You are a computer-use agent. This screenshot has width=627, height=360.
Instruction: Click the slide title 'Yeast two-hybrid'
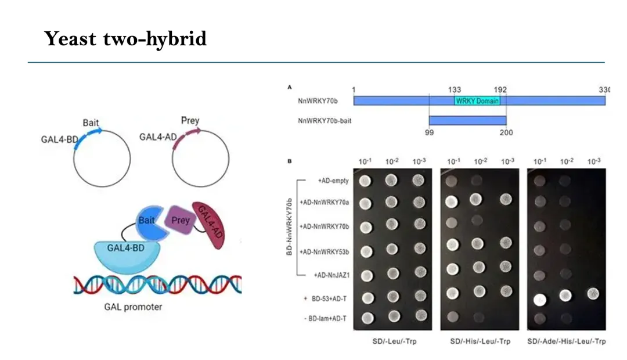[125, 39]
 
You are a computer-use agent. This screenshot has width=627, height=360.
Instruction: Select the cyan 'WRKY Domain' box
[477, 100]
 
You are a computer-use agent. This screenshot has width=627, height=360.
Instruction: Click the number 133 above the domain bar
[455, 89]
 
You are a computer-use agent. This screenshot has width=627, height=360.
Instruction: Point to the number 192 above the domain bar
[500, 89]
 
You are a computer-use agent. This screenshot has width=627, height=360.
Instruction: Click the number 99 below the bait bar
[429, 132]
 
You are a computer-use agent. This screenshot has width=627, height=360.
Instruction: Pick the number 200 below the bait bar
[506, 132]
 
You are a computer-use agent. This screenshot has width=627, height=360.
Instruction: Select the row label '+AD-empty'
[333, 181]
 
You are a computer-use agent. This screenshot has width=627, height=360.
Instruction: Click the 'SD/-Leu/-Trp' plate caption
[394, 341]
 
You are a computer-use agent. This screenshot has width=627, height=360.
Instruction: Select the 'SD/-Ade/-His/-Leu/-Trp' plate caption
[566, 341]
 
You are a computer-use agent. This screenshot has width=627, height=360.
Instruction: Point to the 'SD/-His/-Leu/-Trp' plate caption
[480, 341]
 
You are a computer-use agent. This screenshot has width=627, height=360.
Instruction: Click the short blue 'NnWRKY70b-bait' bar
[467, 120]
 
